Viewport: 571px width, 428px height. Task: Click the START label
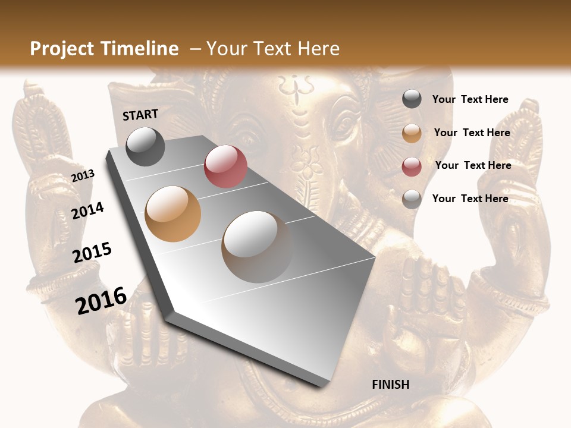tap(140, 115)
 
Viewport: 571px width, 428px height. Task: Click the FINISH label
tap(390, 384)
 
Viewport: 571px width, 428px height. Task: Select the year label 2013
tap(83, 176)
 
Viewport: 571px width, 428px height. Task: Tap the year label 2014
tap(88, 210)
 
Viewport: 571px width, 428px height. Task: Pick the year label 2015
tap(92, 253)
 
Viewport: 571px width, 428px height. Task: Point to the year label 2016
tap(101, 300)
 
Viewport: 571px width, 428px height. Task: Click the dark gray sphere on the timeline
tap(145, 146)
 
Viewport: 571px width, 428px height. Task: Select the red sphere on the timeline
tap(225, 166)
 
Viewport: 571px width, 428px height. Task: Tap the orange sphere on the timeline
tap(172, 213)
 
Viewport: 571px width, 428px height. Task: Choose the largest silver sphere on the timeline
tap(257, 246)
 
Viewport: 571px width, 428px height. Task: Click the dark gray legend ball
tap(412, 99)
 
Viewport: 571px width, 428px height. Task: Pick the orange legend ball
tap(412, 133)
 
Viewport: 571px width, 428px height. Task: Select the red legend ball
tap(412, 166)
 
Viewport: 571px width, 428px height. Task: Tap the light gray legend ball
tap(412, 199)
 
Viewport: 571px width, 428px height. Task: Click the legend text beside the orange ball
tap(472, 133)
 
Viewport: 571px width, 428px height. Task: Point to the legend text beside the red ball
tap(473, 165)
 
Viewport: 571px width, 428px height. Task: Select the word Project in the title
tap(62, 49)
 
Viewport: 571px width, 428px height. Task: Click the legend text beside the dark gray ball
tap(470, 99)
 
